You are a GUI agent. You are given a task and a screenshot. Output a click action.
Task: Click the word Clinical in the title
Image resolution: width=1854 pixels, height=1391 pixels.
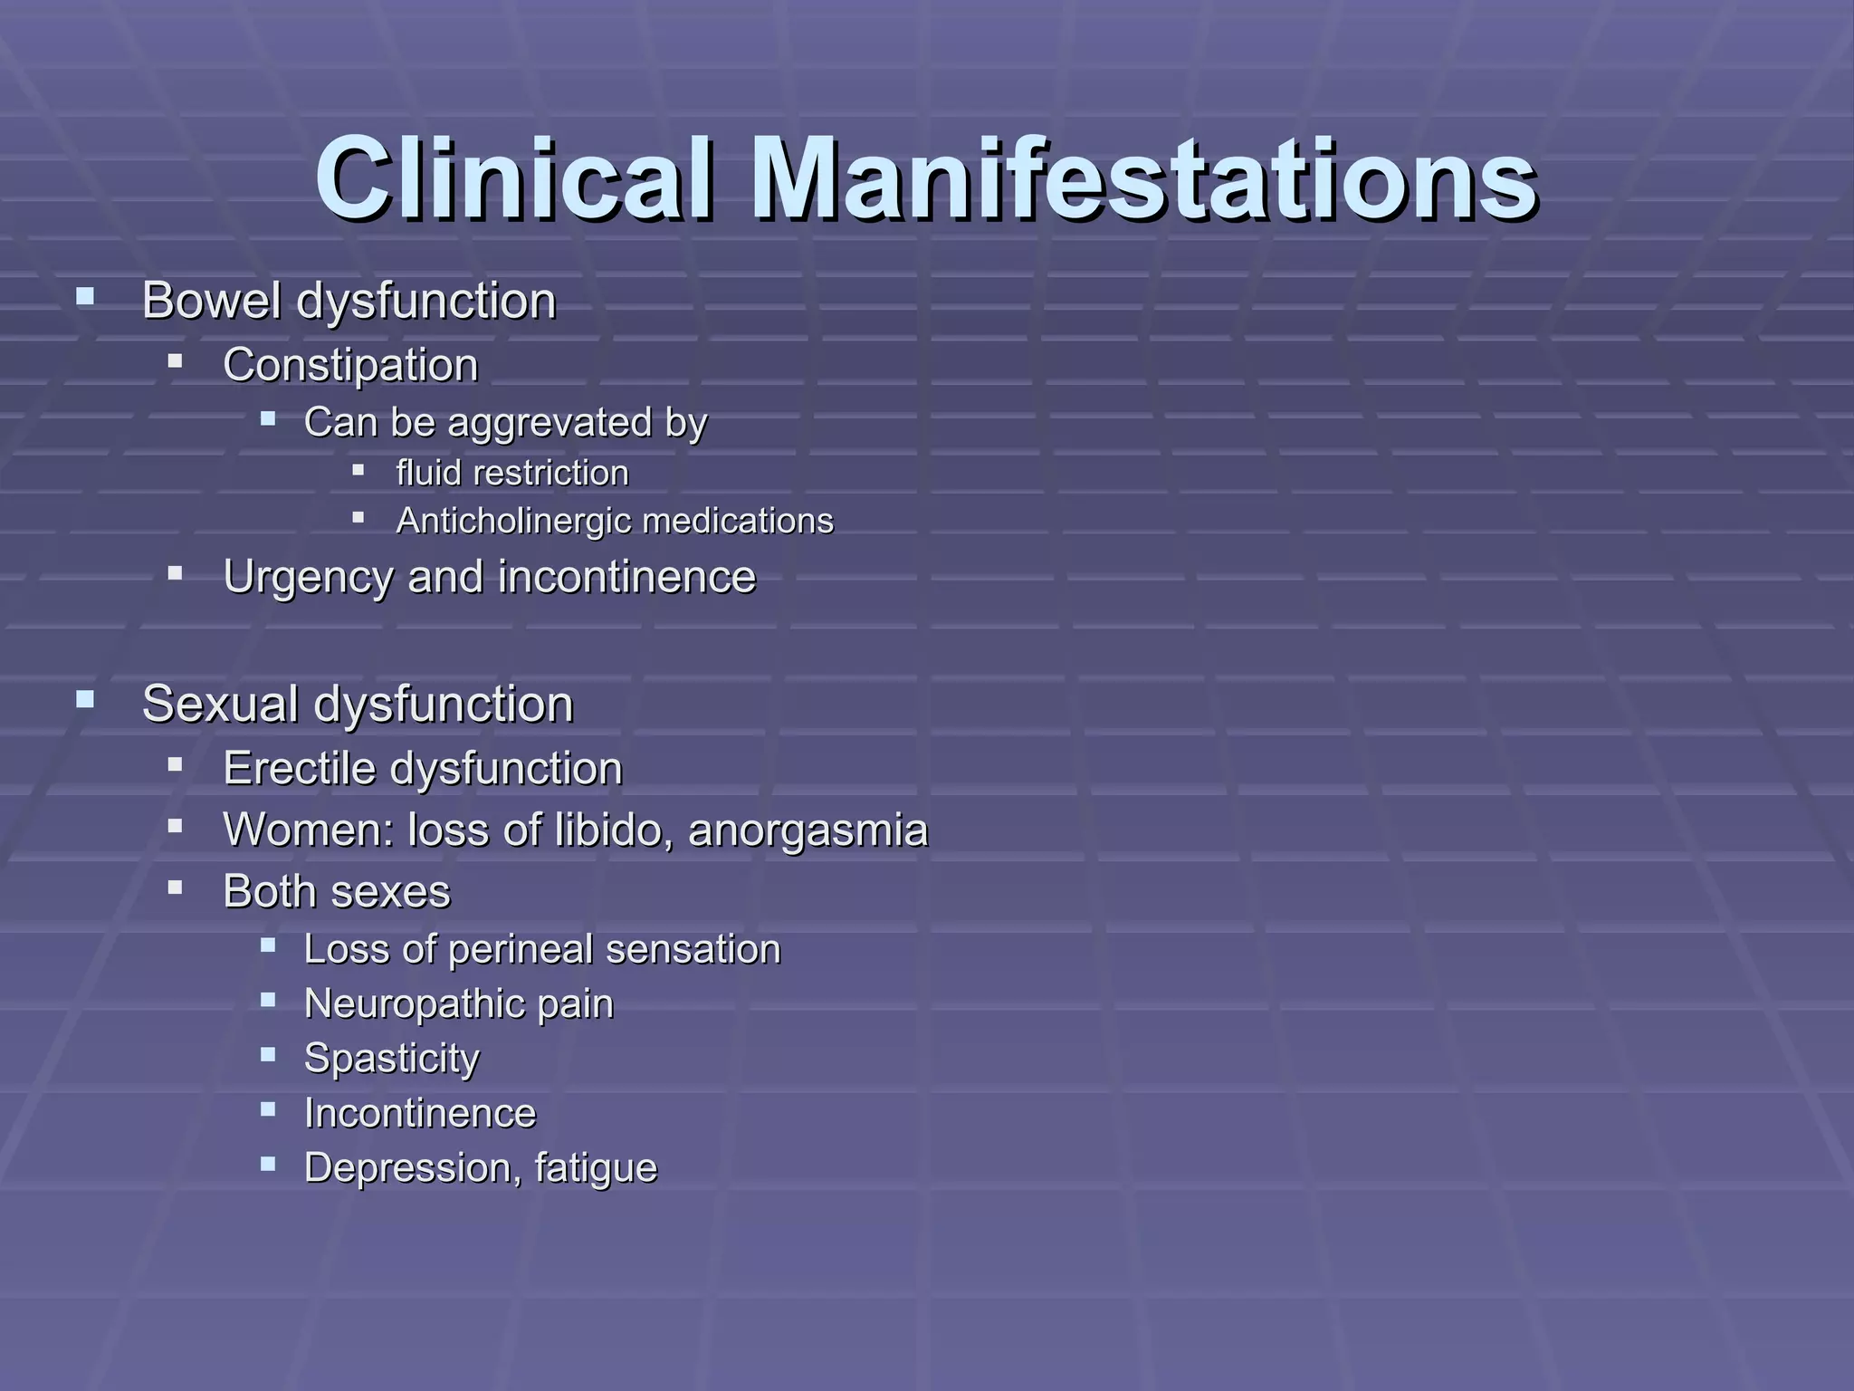click(x=514, y=178)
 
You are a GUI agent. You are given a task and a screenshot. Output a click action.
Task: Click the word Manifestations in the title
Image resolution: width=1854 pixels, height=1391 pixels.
click(x=1143, y=178)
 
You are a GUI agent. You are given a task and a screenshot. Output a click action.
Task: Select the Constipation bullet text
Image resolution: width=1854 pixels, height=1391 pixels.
click(x=350, y=366)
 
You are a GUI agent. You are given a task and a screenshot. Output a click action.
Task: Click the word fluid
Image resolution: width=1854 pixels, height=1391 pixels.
click(x=428, y=473)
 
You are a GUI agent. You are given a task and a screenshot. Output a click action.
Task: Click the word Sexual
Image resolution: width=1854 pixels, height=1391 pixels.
click(x=220, y=705)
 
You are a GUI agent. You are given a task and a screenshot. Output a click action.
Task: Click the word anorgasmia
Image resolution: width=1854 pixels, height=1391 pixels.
click(x=808, y=830)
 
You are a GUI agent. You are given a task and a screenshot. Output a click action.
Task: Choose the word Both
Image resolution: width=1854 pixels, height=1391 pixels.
click(x=265, y=891)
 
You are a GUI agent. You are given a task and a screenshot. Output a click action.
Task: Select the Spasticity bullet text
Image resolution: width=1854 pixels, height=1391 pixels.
click(x=391, y=1059)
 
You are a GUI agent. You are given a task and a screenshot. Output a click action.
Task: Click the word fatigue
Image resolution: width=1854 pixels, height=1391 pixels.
click(x=596, y=1168)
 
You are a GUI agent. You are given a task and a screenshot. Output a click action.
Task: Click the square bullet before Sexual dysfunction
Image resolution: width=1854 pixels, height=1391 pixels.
click(x=86, y=698)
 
